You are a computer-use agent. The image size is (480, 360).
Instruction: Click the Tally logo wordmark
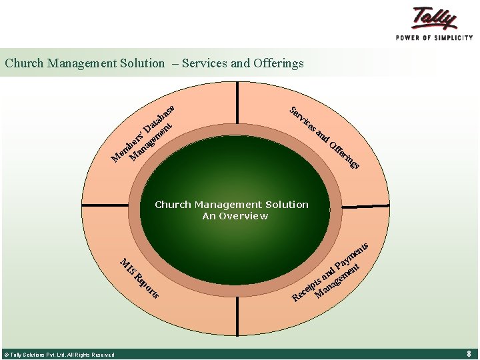[x=435, y=19]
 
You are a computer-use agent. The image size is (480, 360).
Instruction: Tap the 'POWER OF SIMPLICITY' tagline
[x=434, y=38]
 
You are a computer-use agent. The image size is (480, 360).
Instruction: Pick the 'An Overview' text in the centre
[x=235, y=216]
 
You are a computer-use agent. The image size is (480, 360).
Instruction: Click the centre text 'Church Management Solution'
[x=231, y=205]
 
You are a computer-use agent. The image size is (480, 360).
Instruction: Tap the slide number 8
[x=469, y=354]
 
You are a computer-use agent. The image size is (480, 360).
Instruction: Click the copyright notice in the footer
[x=59, y=355]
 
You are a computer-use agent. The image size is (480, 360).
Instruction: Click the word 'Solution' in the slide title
[x=142, y=64]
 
